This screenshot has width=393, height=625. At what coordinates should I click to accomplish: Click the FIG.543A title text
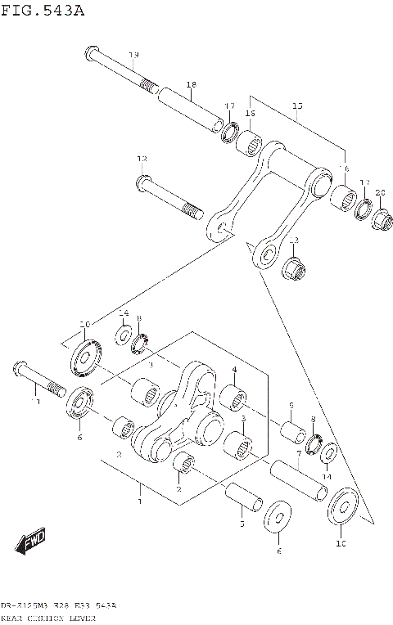click(43, 11)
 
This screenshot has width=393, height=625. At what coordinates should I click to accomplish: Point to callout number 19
click(133, 55)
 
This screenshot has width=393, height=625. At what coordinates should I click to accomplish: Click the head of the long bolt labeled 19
click(90, 56)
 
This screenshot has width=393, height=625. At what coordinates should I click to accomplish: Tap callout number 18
click(191, 84)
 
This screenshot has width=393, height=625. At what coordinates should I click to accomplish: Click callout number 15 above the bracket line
click(297, 106)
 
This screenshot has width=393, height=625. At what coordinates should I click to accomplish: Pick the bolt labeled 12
click(168, 196)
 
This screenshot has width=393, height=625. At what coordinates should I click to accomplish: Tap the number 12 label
click(142, 159)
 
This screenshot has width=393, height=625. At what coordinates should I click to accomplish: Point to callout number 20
click(380, 193)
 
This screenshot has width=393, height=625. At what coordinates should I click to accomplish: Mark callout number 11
click(35, 402)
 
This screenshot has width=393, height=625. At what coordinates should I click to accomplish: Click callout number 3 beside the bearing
click(243, 417)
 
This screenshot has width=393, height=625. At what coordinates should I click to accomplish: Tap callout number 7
click(299, 453)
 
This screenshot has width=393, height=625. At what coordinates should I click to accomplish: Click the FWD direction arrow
click(30, 542)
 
